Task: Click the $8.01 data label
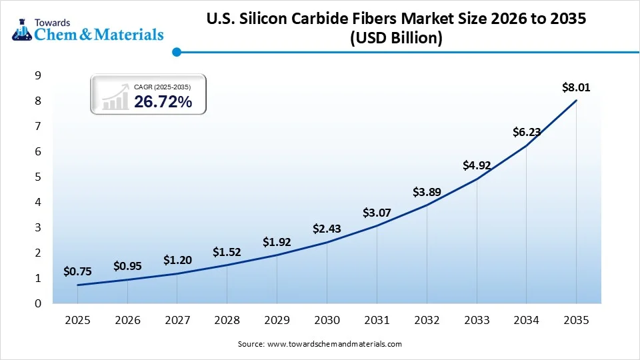pos(576,87)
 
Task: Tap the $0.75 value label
pos(77,271)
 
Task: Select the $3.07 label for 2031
pos(377,213)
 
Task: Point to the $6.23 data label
pos(526,132)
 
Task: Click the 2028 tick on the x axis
pos(227,321)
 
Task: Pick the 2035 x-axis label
pos(576,321)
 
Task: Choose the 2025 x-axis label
pos(77,321)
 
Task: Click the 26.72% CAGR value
pos(163,101)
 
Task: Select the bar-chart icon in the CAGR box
pos(115,97)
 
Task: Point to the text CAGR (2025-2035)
pos(163,87)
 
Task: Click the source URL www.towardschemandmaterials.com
pos(335,344)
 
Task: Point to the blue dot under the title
pos(176,51)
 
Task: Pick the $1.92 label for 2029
pos(277,242)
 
